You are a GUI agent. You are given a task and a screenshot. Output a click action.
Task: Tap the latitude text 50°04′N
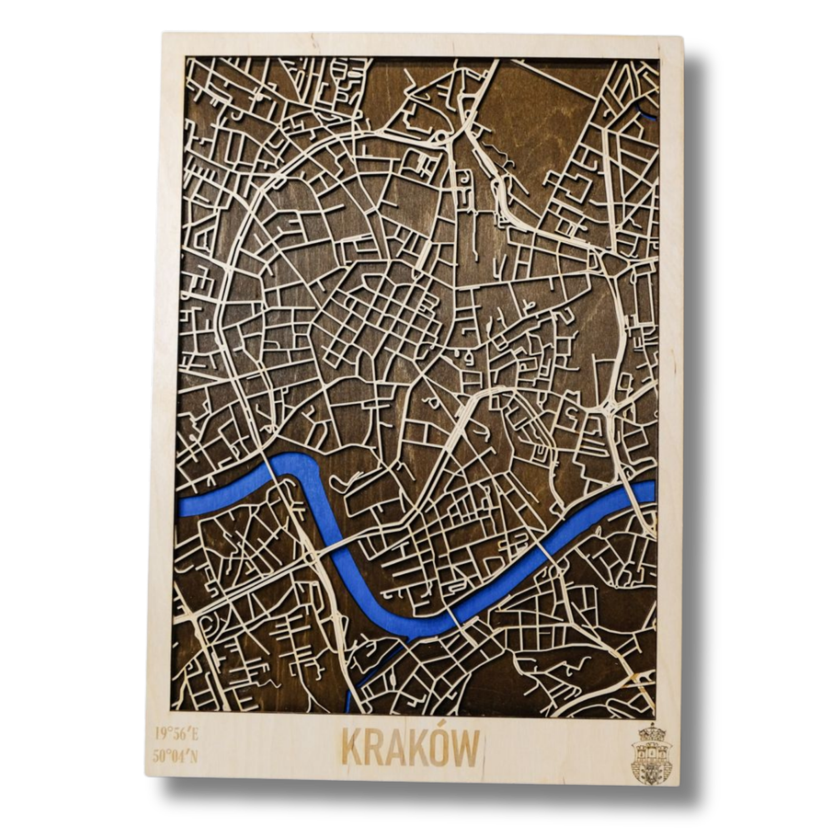click(177, 756)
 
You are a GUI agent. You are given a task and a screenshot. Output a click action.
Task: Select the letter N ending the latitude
click(194, 756)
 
